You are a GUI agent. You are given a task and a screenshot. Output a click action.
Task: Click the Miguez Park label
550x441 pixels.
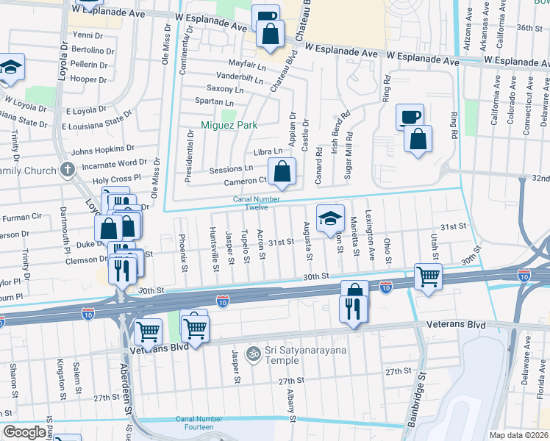click(229, 125)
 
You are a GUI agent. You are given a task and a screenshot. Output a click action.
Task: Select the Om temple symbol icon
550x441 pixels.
click(254, 354)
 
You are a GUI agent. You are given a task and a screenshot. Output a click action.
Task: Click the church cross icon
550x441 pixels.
click(67, 171)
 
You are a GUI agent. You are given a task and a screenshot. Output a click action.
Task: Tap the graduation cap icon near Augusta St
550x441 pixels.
click(331, 217)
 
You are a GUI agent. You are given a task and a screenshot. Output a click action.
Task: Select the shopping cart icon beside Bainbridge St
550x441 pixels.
click(428, 276)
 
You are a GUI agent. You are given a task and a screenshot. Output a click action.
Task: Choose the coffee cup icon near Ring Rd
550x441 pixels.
click(410, 116)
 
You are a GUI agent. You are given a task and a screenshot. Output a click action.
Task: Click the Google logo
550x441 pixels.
click(24, 432)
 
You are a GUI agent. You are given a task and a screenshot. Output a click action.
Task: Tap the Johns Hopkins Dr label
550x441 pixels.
click(103, 150)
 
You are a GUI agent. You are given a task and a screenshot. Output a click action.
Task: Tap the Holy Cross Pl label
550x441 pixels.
click(115, 179)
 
